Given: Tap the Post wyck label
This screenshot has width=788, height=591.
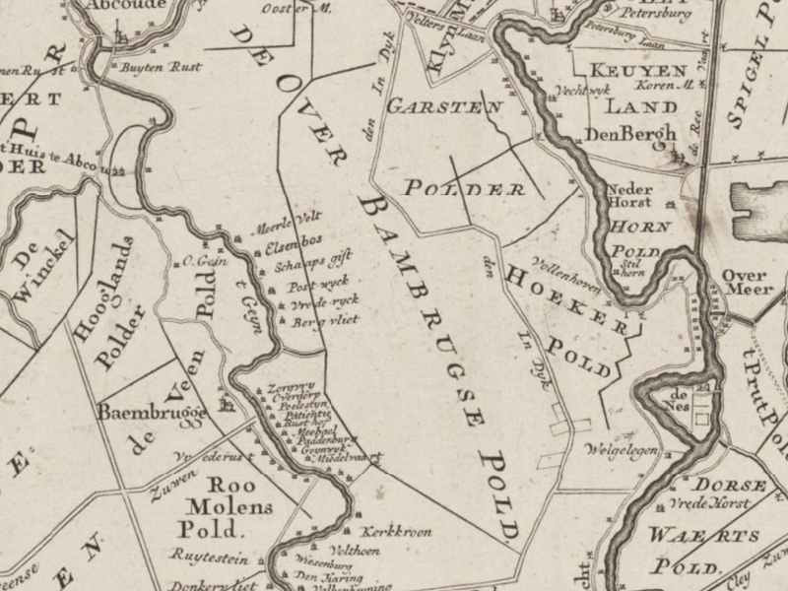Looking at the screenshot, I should pos(309,282).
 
